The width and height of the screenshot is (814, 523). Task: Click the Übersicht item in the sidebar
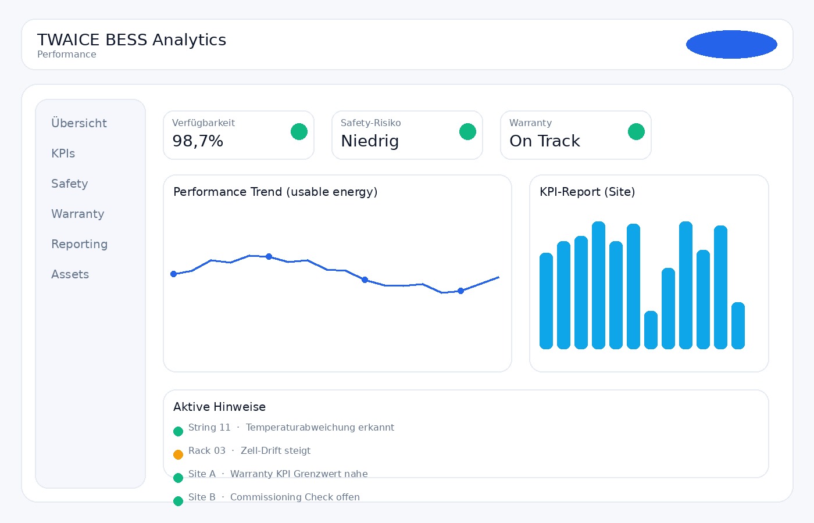coord(79,123)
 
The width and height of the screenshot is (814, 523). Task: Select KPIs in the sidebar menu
coord(63,153)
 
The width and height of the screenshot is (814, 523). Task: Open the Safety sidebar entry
coord(70,184)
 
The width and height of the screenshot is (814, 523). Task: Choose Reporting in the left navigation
coord(80,244)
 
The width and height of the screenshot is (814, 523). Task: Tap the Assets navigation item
coord(70,274)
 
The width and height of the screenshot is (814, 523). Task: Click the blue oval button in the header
coord(731,44)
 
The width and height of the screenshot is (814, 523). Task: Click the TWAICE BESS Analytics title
coord(131,40)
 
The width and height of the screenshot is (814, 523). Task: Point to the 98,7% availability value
coord(198,141)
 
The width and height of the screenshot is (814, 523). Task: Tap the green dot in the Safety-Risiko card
coord(467,132)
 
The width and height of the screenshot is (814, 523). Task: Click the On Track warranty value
coord(545,141)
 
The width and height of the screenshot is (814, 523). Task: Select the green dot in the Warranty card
coord(636,132)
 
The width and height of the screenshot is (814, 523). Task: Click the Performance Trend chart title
coord(275,192)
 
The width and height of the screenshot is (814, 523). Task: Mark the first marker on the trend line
coord(173,274)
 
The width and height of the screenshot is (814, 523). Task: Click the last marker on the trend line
coord(460,291)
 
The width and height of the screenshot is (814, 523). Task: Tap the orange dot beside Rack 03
coord(178,454)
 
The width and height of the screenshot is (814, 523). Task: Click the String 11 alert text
coord(291,428)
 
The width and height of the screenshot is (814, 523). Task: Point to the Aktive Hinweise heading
coord(219,407)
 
